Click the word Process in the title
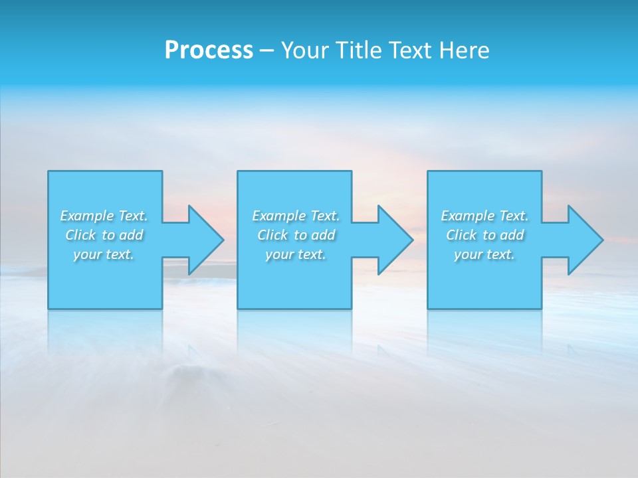tap(209, 50)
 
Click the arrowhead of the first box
tap(205, 240)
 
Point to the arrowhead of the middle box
tap(395, 240)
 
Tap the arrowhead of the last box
tap(585, 240)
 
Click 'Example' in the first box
tap(86, 216)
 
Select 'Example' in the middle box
tap(278, 216)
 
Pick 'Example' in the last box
tap(467, 216)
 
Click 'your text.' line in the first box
tap(104, 255)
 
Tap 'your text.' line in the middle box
tap(296, 255)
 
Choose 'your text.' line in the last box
tap(484, 255)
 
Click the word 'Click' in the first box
tap(80, 235)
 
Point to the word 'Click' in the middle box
tap(272, 235)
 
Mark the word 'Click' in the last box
tap(461, 235)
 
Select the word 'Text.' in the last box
tap(514, 216)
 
